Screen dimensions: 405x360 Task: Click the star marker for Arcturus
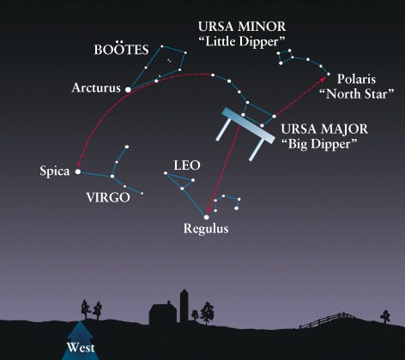(129, 90)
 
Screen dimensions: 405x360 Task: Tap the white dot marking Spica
(78, 171)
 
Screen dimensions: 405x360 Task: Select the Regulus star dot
(207, 217)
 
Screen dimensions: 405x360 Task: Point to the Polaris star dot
(329, 75)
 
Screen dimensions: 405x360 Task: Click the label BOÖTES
(121, 50)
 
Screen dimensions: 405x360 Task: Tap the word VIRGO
(108, 197)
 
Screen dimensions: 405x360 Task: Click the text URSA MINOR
(242, 27)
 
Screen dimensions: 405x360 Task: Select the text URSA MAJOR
(324, 129)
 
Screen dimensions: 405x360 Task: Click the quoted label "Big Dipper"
(319, 144)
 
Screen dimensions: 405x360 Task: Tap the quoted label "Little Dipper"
(242, 42)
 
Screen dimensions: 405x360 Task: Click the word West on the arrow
(81, 348)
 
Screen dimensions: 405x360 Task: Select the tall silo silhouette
(184, 306)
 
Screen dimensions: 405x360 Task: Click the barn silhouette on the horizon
(163, 314)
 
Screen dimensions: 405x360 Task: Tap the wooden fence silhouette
(326, 320)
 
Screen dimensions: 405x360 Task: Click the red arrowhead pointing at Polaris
(323, 78)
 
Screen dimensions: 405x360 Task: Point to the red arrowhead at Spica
(77, 165)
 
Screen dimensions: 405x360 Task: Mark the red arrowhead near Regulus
(209, 210)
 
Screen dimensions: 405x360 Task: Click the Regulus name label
(206, 229)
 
